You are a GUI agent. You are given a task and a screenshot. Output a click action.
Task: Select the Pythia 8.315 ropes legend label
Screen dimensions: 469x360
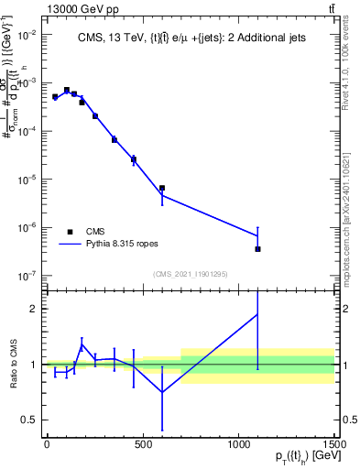click(x=123, y=245)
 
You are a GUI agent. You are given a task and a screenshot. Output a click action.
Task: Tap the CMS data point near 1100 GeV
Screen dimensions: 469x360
click(x=258, y=248)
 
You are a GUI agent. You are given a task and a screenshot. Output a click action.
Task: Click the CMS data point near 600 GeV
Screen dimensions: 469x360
click(x=162, y=188)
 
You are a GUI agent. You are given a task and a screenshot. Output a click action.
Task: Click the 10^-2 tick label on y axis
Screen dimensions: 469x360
click(x=25, y=35)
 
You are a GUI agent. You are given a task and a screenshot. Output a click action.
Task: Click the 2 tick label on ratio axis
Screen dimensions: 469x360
click(x=31, y=309)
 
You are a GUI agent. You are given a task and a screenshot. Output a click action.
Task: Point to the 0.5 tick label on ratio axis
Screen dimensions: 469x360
click(x=27, y=420)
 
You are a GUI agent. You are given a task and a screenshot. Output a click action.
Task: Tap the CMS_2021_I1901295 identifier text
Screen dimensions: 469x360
click(x=190, y=273)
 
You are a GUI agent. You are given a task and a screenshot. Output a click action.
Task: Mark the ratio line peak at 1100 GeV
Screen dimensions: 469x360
click(x=258, y=314)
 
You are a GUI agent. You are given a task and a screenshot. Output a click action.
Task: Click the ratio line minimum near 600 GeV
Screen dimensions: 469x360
click(x=162, y=392)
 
